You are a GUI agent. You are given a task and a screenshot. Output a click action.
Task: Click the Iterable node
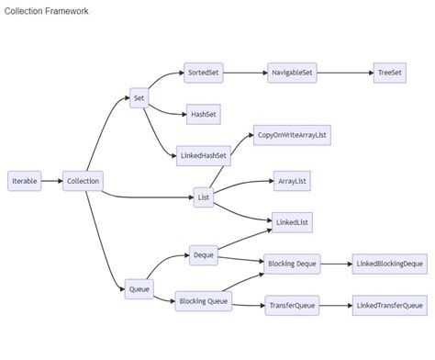tap(25, 181)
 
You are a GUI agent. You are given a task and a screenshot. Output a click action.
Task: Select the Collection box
tap(83, 181)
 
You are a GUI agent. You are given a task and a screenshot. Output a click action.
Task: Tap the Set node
tap(139, 97)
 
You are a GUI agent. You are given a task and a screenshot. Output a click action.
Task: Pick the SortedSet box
tap(203, 73)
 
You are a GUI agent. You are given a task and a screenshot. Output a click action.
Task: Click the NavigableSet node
tap(293, 73)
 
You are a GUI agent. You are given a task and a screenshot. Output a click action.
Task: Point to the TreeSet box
tap(390, 73)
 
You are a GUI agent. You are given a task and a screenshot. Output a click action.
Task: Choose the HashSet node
tap(202, 114)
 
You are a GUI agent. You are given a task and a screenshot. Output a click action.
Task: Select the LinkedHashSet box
tap(203, 156)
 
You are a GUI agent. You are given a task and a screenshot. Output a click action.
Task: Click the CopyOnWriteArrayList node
tap(293, 135)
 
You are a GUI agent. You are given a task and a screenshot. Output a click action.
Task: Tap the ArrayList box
tap(292, 182)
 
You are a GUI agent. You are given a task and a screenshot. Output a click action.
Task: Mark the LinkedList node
tap(291, 222)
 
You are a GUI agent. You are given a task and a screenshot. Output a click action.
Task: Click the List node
tap(203, 197)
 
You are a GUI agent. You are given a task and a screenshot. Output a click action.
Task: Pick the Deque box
tap(203, 254)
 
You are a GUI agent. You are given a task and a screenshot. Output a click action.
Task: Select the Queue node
tap(139, 290)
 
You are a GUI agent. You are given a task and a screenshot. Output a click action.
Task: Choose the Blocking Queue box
tap(204, 300)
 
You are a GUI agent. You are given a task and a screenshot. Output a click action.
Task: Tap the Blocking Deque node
tap(293, 264)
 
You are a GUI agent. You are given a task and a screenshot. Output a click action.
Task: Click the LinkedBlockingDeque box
tap(389, 264)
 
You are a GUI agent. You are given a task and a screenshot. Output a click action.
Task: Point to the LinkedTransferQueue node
tap(389, 305)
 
